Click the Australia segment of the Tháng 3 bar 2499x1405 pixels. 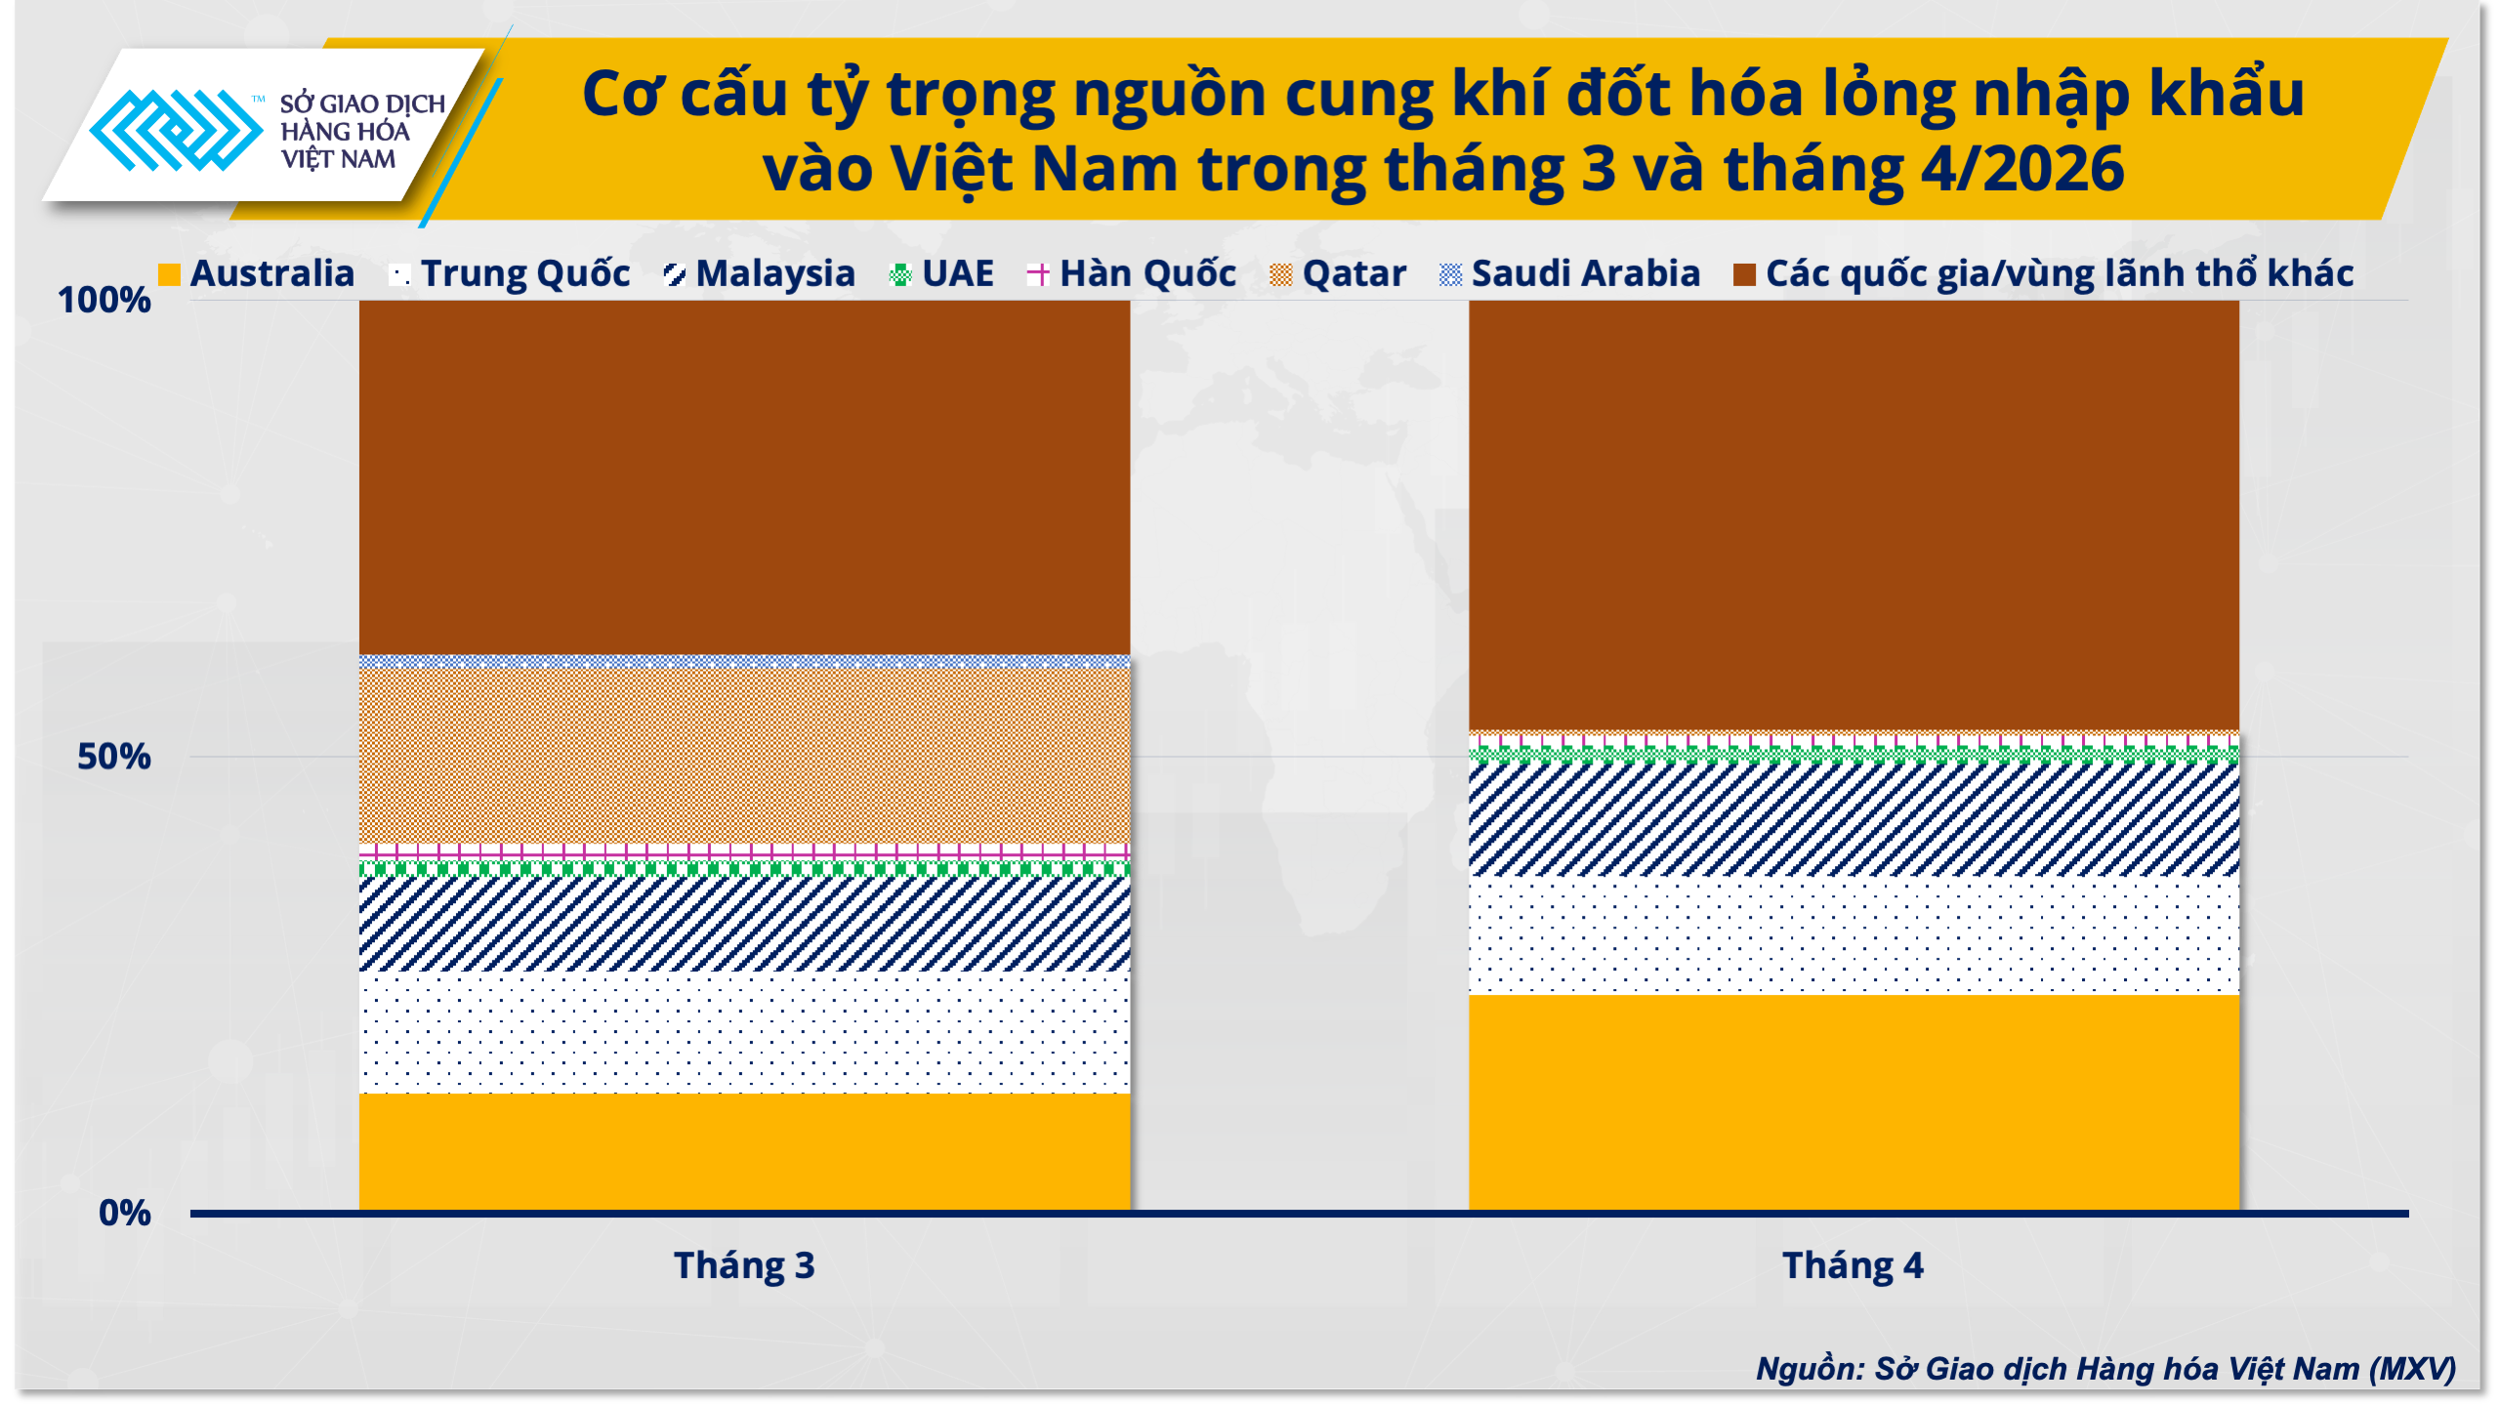744,1152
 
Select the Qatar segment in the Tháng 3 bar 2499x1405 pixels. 744,756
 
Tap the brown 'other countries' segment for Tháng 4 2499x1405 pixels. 1853,516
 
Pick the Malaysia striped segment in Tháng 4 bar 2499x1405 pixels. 1853,819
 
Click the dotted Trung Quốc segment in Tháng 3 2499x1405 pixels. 744,1032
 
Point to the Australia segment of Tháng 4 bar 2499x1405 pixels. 1853,1103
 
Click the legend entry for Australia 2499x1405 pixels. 257,274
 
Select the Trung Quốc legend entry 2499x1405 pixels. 510,274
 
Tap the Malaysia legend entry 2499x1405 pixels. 759,274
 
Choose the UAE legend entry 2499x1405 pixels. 941,274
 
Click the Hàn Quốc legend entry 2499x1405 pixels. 1132,274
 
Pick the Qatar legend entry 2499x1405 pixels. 1338,274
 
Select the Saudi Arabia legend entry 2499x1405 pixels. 1570,274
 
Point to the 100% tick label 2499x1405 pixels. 104,300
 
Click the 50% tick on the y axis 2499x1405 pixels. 114,757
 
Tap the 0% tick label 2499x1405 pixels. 125,1213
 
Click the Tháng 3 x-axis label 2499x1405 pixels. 744,1265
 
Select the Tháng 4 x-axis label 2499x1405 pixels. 1853,1265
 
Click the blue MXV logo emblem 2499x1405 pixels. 177,130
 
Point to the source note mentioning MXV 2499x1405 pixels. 2105,1369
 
